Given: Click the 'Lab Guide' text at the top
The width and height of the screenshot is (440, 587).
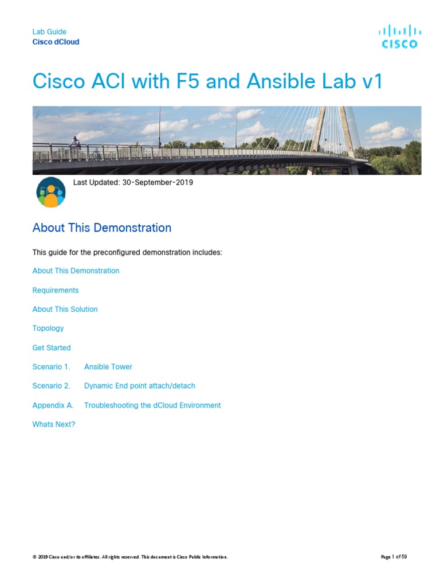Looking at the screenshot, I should coord(49,32).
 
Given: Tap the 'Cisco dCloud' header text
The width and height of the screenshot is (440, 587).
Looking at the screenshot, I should coord(56,42).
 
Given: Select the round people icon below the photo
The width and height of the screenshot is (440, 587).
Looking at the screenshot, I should coord(51,192).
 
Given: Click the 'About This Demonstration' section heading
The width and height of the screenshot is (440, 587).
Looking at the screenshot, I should coord(102,228).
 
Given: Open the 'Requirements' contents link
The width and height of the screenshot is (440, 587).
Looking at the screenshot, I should coord(56,290).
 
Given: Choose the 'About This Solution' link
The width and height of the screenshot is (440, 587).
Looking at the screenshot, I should coord(65,309).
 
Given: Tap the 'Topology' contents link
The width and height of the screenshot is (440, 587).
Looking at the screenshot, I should coord(48,328).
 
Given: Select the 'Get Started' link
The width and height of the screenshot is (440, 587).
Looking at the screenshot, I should coord(52,347).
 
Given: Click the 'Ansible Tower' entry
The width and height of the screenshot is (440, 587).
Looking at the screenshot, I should coord(108,366).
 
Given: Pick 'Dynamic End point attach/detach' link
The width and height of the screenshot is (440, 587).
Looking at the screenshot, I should coord(139,386).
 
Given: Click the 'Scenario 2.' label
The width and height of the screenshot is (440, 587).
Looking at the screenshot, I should coord(51,386).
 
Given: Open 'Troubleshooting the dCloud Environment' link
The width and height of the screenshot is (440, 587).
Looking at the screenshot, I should coord(152,405).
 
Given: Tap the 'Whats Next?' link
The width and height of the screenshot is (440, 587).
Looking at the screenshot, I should coord(54,424).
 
